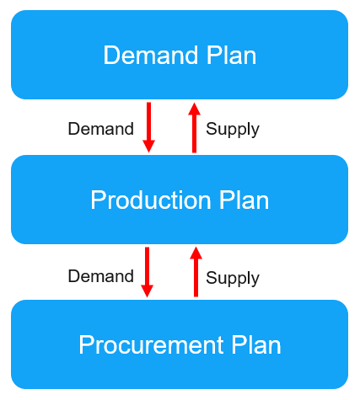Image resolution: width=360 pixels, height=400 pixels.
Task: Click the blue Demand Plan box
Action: pyautogui.click(x=180, y=55)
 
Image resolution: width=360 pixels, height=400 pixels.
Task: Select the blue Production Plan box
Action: pyautogui.click(x=180, y=200)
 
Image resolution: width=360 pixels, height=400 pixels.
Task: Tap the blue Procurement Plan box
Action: pyautogui.click(x=180, y=344)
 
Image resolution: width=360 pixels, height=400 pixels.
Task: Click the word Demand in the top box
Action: pyautogui.click(x=151, y=55)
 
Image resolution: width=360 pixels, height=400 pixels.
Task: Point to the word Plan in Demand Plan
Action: pyautogui.click(x=231, y=55)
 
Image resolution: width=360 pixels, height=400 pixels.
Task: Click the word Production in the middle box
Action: pyautogui.click(x=151, y=200)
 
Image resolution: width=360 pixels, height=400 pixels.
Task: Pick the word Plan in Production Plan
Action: pyautogui.click(x=244, y=200)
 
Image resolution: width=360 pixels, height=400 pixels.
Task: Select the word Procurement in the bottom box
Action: pyautogui.click(x=151, y=344)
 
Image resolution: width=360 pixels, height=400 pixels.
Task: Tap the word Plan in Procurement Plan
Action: pyautogui.click(x=256, y=344)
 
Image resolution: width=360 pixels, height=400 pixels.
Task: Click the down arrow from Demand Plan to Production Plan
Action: pyautogui.click(x=148, y=127)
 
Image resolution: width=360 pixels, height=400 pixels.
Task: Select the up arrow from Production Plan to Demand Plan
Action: pyautogui.click(x=194, y=127)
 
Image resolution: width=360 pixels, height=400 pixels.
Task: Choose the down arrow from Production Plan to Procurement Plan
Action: pyautogui.click(x=147, y=272)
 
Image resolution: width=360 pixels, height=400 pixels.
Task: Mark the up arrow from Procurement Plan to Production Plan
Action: pyautogui.click(x=196, y=271)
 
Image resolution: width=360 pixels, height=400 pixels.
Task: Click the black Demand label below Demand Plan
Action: pyautogui.click(x=101, y=129)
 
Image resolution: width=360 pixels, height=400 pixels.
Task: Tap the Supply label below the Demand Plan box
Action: pyautogui.click(x=233, y=131)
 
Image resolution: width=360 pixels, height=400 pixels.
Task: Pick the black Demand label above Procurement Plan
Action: pyautogui.click(x=101, y=276)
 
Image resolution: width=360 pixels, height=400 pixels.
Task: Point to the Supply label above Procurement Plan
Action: pyautogui.click(x=233, y=279)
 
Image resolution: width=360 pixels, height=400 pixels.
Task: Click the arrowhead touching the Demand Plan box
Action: pyautogui.click(x=194, y=109)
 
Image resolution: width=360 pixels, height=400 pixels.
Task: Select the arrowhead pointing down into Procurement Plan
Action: pyautogui.click(x=147, y=291)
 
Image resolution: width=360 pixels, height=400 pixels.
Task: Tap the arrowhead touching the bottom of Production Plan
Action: pyautogui.click(x=196, y=253)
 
